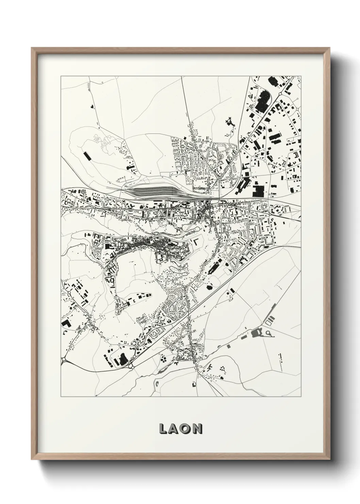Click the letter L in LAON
pos(163,429)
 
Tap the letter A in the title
pos(175,429)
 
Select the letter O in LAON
pos(186,429)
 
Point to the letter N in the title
pos(197,429)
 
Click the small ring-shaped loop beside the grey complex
pos(269,333)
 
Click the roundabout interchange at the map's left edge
pos(63,359)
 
